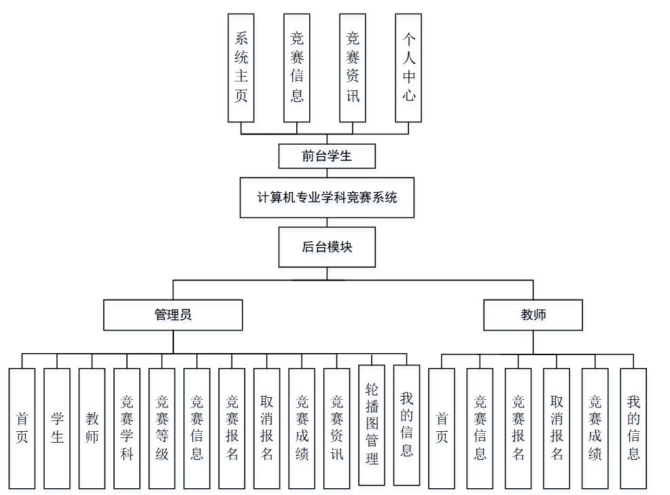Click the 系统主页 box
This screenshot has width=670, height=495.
click(x=241, y=67)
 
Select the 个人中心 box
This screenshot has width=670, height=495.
click(x=408, y=67)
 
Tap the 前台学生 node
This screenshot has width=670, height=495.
click(x=327, y=156)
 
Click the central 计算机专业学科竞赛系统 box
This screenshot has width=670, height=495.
click(x=327, y=198)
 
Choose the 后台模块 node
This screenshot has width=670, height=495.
click(x=327, y=247)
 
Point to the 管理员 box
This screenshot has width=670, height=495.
click(x=173, y=315)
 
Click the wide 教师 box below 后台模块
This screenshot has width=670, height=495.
click(x=533, y=315)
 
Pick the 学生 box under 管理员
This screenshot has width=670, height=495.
click(x=57, y=428)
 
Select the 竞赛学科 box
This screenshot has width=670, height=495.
click(x=127, y=428)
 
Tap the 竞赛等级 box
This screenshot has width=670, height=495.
click(x=162, y=428)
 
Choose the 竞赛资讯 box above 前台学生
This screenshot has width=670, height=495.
click(x=353, y=67)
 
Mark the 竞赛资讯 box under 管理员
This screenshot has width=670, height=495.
click(x=337, y=428)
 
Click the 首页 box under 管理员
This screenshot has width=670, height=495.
click(x=22, y=428)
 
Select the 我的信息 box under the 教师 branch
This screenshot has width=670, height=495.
click(x=633, y=428)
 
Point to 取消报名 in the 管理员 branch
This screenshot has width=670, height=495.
click(x=267, y=428)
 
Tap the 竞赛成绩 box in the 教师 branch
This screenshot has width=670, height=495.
click(x=595, y=428)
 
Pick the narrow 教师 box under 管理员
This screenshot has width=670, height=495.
click(x=92, y=428)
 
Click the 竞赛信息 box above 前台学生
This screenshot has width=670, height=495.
click(x=297, y=67)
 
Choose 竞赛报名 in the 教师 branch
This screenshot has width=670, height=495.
click(x=518, y=428)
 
